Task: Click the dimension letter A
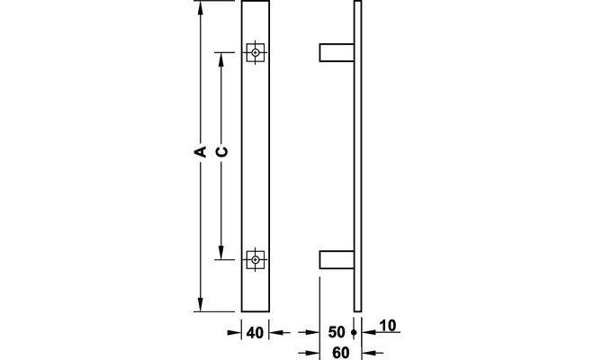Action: pos(200,151)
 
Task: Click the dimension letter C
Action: pos(221,151)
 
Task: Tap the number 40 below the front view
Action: pos(255,333)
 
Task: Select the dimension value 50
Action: pos(337,332)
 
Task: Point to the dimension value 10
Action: pos(387,326)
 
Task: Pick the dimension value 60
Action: pos(340,353)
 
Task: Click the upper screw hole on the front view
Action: pos(256,52)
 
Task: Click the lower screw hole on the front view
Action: pos(256,259)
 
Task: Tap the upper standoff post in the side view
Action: pos(337,52)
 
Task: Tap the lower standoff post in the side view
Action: pos(337,259)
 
